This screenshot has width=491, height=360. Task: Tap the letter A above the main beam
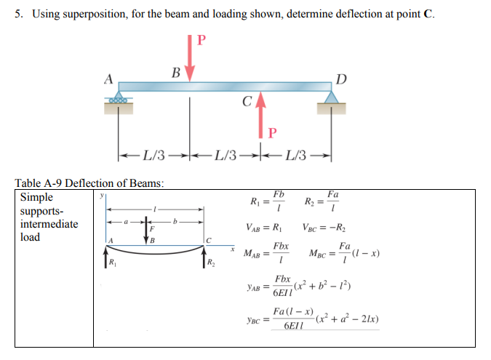pyautogui.click(x=110, y=77)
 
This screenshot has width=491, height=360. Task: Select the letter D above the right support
pyautogui.click(x=342, y=77)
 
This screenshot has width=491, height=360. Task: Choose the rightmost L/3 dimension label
pyautogui.click(x=298, y=156)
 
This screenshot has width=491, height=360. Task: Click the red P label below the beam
pyautogui.click(x=272, y=132)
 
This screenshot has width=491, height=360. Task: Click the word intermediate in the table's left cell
pyautogui.click(x=49, y=224)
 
